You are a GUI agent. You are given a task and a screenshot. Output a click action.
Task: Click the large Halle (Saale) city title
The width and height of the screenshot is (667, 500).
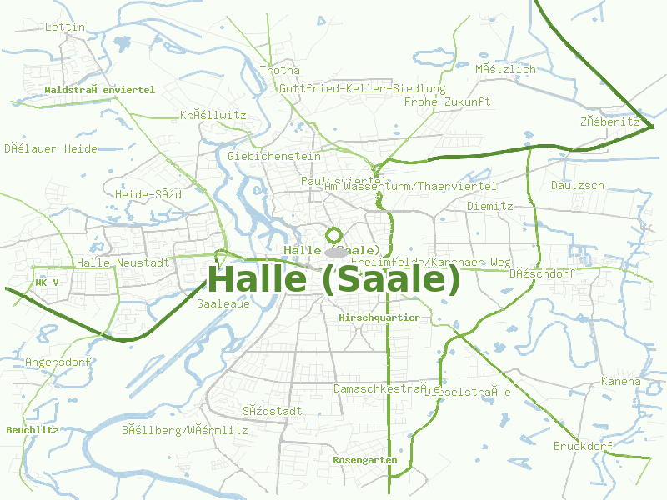pyautogui.click(x=333, y=279)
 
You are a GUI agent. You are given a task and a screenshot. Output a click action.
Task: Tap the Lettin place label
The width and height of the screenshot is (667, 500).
pyautogui.click(x=65, y=27)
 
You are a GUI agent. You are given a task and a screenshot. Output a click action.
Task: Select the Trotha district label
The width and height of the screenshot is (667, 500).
pyautogui.click(x=279, y=70)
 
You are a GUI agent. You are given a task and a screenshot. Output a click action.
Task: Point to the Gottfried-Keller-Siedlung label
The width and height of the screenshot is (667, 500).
pyautogui.click(x=363, y=88)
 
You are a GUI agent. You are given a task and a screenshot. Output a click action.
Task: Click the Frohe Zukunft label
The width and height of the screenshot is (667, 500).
pyautogui.click(x=447, y=102)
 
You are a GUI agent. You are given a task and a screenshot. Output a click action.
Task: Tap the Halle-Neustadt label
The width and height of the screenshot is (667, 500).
pyautogui.click(x=123, y=262)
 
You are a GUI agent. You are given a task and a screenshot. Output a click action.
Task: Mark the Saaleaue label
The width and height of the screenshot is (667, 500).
pyautogui.click(x=223, y=304)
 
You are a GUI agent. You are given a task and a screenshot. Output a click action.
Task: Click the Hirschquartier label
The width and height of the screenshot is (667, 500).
pyautogui.click(x=379, y=317)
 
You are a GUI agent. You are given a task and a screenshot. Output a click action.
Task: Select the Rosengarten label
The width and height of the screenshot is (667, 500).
pyautogui.click(x=365, y=460)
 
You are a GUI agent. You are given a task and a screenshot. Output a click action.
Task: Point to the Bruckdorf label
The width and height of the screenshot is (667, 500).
pyautogui.click(x=583, y=446)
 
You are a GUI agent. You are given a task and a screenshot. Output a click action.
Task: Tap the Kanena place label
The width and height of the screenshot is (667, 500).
pyautogui.click(x=621, y=382)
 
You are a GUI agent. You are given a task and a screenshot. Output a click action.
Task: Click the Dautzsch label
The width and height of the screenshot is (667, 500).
pyautogui.click(x=577, y=185)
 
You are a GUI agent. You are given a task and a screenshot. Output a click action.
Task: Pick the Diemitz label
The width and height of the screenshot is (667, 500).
pyautogui.click(x=489, y=205)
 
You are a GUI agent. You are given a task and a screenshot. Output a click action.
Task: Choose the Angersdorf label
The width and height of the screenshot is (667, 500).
pyautogui.click(x=58, y=362)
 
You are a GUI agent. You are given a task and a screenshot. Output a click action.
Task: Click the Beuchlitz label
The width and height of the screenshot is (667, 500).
pyautogui.click(x=33, y=430)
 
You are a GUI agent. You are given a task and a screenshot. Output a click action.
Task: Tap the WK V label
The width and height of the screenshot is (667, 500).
pyautogui.click(x=47, y=282)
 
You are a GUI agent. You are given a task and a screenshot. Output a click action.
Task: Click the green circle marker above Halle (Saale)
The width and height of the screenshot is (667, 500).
pyautogui.click(x=334, y=236)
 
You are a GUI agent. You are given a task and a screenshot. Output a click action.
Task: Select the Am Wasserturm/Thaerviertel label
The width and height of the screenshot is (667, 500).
pyautogui.click(x=410, y=186)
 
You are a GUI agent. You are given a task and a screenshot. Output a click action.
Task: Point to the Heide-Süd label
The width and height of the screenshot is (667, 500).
pyautogui.click(x=148, y=194)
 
